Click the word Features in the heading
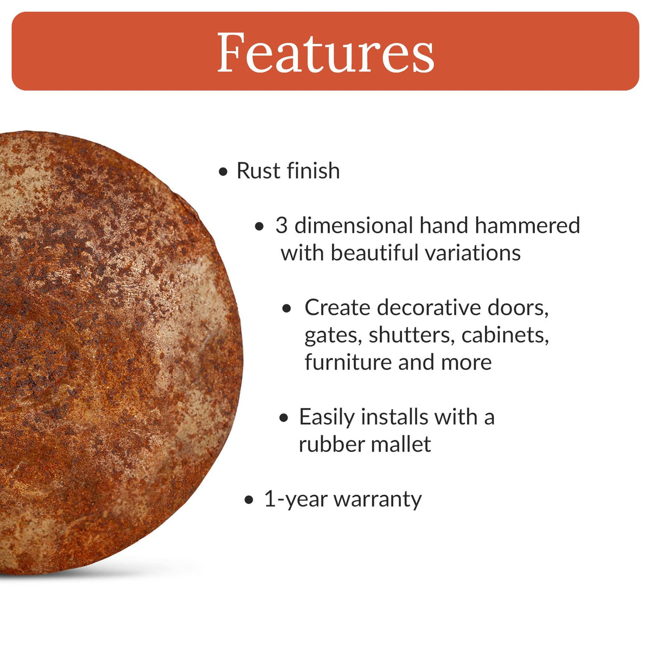coord(325,53)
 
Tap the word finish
coord(314,171)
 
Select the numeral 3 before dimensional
coord(281,226)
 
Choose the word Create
coord(337,308)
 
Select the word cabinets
coord(505,335)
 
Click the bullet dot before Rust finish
coord(223,173)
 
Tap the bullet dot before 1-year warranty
coord(249,500)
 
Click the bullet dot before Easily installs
coord(284,418)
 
